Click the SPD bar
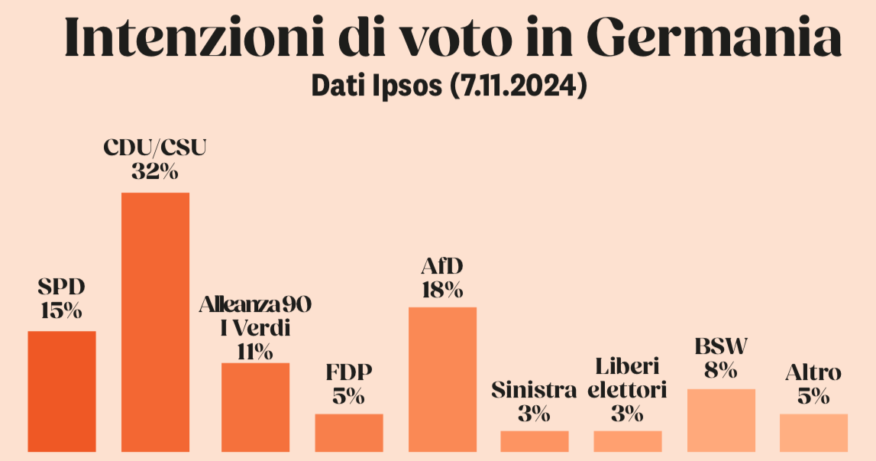pos(62,391)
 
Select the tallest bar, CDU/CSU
pos(156,321)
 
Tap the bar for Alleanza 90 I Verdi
pos(256,407)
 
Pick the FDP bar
pos(349,432)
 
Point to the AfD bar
pos(443,378)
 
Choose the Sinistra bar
pos(535,441)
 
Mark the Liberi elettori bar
pos(628,441)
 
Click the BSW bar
pos(721,420)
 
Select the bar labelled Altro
pos(814,432)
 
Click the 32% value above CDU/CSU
pos(155,171)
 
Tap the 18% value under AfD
pos(442,291)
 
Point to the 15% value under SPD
pos(61,311)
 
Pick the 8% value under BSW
pos(721,371)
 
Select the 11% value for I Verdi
pos(255,352)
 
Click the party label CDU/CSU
pos(155,148)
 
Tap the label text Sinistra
pos(534,391)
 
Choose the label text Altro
pos(813,373)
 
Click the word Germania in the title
pos(716,37)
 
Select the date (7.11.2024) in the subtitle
pos(518,85)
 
